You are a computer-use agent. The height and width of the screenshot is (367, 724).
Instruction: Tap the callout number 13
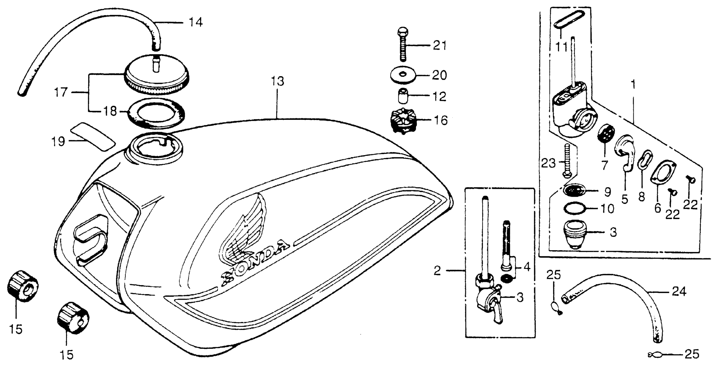point(277,81)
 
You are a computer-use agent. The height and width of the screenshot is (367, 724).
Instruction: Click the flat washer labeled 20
point(404,75)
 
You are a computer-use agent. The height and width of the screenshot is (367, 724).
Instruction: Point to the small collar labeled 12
point(403,96)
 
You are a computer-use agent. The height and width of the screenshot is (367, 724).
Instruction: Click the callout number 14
point(195,22)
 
